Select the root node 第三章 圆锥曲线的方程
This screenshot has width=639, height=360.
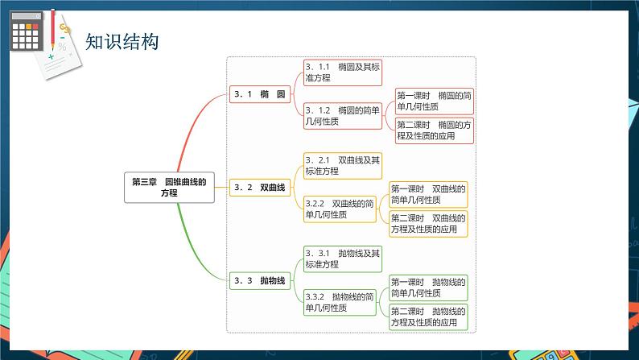(x=169, y=187)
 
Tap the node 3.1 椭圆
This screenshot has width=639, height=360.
(x=259, y=94)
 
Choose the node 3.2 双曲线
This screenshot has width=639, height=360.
(x=259, y=187)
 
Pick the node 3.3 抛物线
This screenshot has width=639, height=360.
(x=259, y=280)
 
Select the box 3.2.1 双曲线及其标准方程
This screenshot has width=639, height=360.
(x=342, y=165)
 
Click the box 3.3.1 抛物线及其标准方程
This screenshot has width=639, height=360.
(x=342, y=259)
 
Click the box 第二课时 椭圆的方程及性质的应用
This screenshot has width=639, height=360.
(x=434, y=130)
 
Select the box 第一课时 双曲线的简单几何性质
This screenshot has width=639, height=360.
(x=428, y=194)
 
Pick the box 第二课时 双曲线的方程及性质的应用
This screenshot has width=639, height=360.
(x=428, y=223)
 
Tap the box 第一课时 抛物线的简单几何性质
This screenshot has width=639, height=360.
(x=428, y=288)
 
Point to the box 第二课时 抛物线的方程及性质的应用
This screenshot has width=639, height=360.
(x=428, y=317)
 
